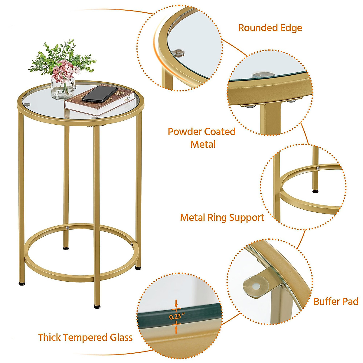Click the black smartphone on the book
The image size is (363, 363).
pyautogui.click(x=100, y=94)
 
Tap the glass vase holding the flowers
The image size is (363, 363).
pyautogui.click(x=62, y=87)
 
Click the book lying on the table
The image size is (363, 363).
pyautogui.click(x=100, y=104)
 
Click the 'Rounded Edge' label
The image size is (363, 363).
pyautogui.click(x=270, y=28)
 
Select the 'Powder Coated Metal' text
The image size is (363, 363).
pyautogui.click(x=202, y=138)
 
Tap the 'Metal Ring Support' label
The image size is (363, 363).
pyautogui.click(x=222, y=217)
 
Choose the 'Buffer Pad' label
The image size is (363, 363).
pyautogui.click(x=335, y=301)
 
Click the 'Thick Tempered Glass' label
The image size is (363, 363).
pyautogui.click(x=85, y=337)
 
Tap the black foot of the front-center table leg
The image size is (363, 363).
pyautogui.click(x=97, y=306)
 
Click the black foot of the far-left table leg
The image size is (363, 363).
pyautogui.click(x=22, y=284)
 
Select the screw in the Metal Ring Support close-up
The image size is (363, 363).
pyautogui.click(x=318, y=168)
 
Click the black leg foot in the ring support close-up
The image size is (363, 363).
pyautogui.click(x=316, y=191)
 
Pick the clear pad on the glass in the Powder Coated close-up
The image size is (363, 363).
pyautogui.click(x=260, y=75)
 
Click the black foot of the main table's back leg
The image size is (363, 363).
pyautogui.click(x=66, y=249)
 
